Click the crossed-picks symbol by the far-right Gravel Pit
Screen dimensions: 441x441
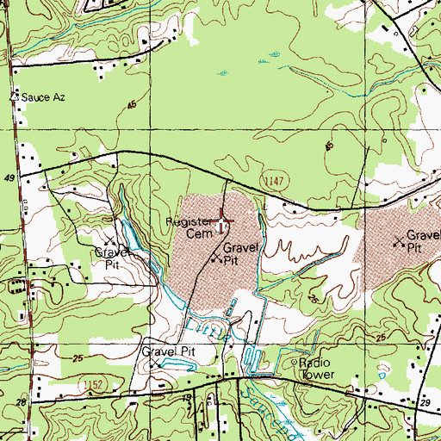(398, 242)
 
